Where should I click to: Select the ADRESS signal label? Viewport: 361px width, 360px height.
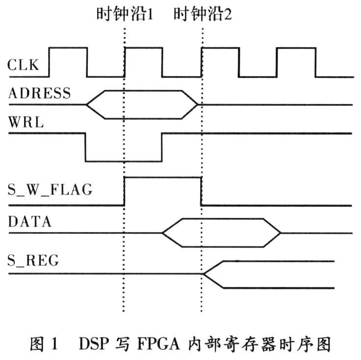(39, 93)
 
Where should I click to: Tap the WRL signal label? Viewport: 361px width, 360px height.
(26, 123)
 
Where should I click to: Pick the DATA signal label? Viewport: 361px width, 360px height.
(30, 221)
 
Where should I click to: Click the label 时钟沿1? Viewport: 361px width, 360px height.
(124, 13)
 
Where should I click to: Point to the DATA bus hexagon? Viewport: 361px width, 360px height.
(221, 232)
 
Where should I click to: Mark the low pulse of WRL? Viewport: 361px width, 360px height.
(124, 147)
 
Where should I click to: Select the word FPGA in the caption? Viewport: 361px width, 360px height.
(168, 344)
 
